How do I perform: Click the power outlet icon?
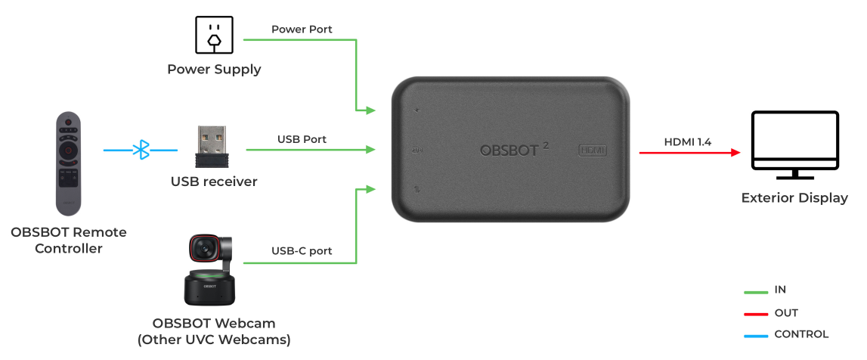click(x=215, y=35)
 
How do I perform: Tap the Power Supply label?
click(x=214, y=70)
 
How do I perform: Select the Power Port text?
click(x=302, y=29)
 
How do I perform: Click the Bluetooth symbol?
click(x=141, y=150)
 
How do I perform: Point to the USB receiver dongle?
click(x=214, y=147)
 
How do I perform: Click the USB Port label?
click(x=302, y=139)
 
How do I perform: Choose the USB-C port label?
click(x=302, y=251)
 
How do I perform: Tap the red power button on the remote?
click(x=68, y=122)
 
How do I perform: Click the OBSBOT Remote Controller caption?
click(x=69, y=240)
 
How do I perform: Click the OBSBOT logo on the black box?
click(x=510, y=150)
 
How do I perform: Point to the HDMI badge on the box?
click(x=593, y=150)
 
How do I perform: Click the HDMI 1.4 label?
click(x=689, y=141)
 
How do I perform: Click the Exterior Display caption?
click(x=794, y=198)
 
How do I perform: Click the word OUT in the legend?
click(x=786, y=312)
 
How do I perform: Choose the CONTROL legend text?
click(x=801, y=334)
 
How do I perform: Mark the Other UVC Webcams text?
click(x=221, y=340)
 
